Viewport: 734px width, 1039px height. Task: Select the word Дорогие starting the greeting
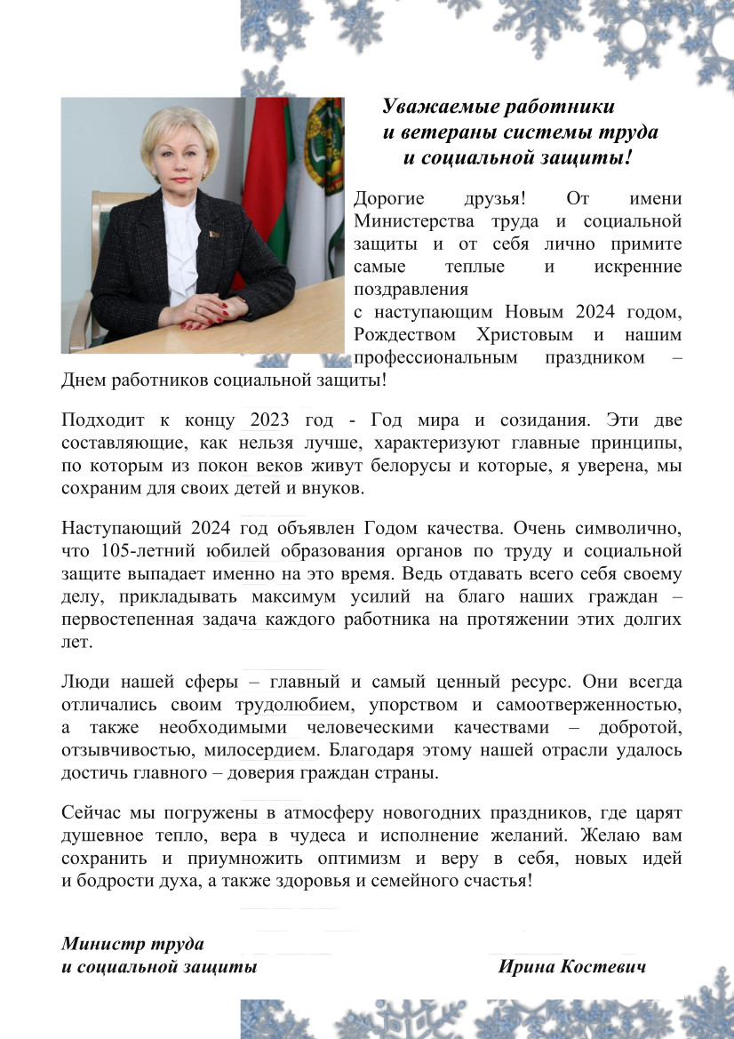tap(388, 198)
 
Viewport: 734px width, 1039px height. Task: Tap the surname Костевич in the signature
tap(602, 966)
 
